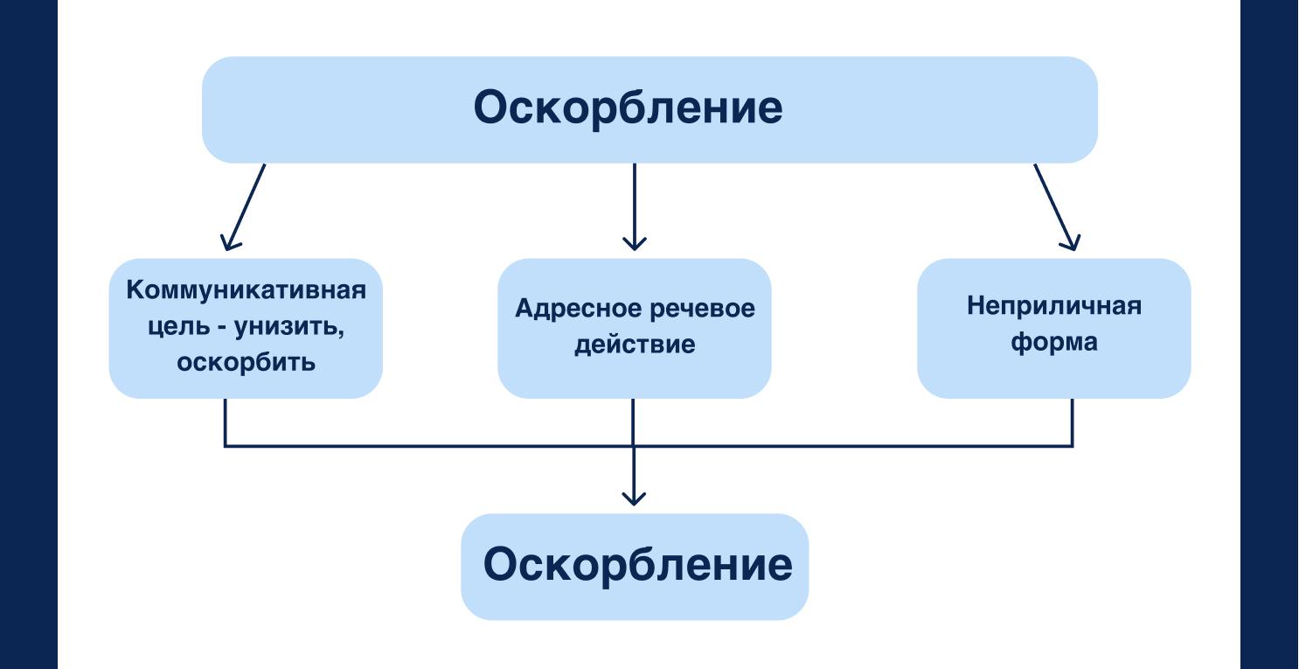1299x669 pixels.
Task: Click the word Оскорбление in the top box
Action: [x=628, y=109]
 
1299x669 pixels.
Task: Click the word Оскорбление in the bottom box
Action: [x=637, y=566]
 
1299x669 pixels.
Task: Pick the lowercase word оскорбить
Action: [x=246, y=361]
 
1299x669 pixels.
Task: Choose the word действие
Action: [x=633, y=345]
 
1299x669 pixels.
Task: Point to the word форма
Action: [x=1053, y=344]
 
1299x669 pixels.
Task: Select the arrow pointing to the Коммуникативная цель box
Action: [x=245, y=206]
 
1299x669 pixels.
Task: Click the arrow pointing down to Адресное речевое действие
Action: [x=634, y=206]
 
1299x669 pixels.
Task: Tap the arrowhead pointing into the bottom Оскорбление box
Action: [x=633, y=499]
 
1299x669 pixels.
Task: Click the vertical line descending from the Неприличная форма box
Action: [x=1073, y=422]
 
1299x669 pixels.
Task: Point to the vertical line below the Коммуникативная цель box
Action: [x=226, y=422]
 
